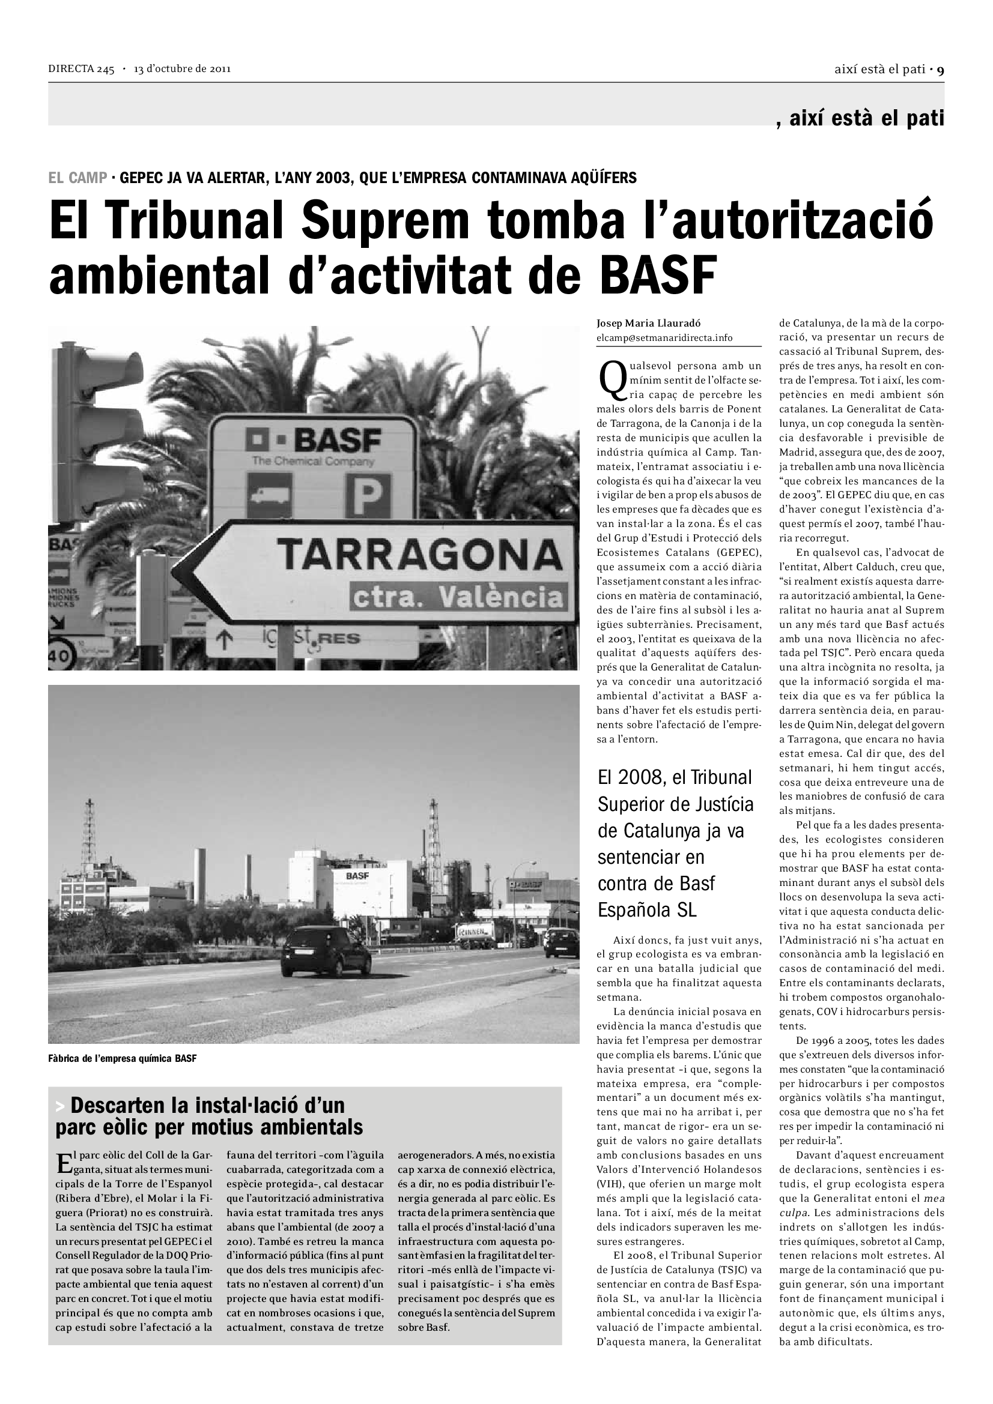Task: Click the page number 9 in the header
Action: click(940, 70)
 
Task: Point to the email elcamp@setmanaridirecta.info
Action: click(664, 337)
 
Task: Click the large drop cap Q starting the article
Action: click(612, 378)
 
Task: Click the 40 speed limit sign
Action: click(59, 656)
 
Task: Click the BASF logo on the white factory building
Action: click(357, 876)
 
